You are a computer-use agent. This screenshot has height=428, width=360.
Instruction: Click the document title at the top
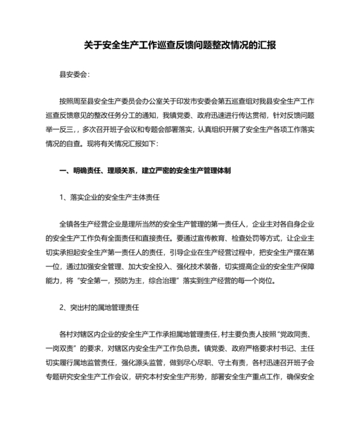point(180,46)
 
